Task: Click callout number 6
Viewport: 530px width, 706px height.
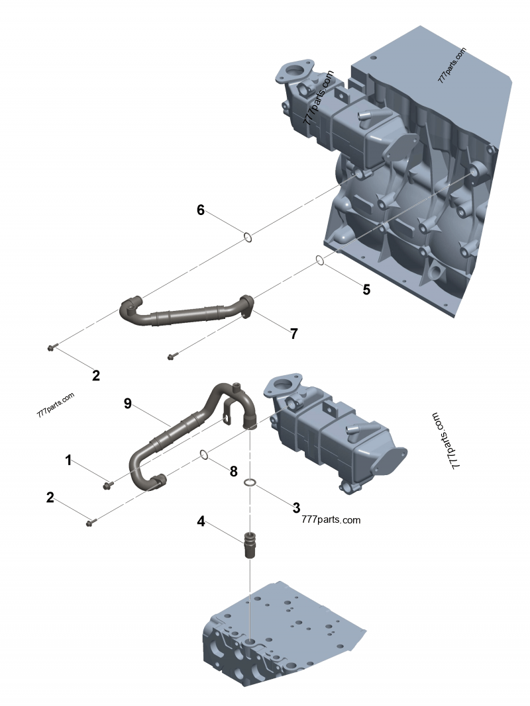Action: point(200,210)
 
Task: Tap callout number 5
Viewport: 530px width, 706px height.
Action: point(366,289)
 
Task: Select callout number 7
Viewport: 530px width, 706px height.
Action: point(293,333)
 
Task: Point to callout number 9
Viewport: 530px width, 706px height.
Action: point(128,403)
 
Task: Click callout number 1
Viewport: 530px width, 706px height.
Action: point(68,460)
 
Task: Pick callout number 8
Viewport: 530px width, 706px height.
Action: point(233,471)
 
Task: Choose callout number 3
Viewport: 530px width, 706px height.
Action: point(296,507)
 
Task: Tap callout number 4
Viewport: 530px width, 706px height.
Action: point(200,521)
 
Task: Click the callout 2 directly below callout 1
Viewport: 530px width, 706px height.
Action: point(50,498)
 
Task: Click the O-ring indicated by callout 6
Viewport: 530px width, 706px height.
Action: point(246,237)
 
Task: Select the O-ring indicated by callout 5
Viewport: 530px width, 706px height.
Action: point(319,260)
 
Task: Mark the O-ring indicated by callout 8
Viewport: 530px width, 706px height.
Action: point(205,455)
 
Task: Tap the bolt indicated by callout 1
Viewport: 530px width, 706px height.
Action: point(107,486)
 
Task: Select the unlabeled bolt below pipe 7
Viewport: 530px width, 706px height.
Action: point(171,357)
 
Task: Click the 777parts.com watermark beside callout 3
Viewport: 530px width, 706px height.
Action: point(331,520)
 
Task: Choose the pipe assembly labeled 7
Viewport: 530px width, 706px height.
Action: point(185,314)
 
